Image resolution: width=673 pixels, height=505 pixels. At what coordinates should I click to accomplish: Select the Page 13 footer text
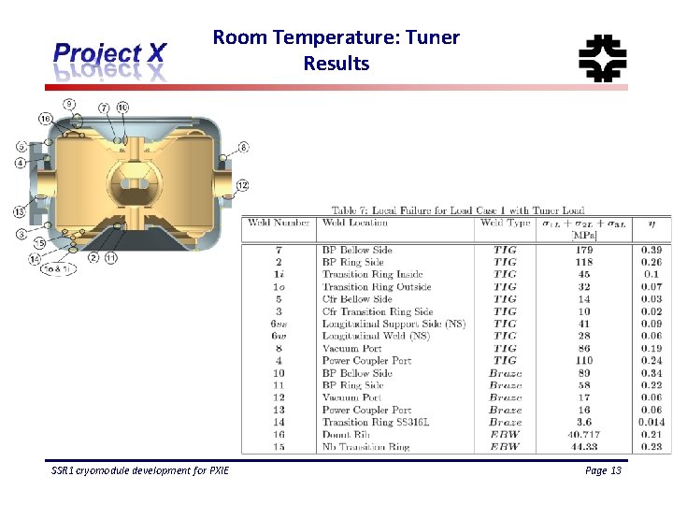[x=603, y=470]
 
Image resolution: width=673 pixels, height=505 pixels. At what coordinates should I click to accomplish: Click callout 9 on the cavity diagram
[x=69, y=103]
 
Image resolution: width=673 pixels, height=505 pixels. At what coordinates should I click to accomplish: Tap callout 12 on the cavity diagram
[x=242, y=184]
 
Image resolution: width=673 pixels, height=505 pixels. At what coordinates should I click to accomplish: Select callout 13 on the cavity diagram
[x=19, y=211]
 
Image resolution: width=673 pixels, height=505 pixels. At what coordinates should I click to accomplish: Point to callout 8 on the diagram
[x=243, y=147]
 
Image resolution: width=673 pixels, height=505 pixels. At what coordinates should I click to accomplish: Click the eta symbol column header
[x=652, y=223]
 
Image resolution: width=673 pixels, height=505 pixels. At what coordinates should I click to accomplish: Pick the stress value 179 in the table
[x=583, y=251]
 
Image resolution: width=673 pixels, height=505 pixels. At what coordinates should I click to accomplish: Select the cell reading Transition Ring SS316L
[x=377, y=422]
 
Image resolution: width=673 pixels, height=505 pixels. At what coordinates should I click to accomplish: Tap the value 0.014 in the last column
[x=651, y=422]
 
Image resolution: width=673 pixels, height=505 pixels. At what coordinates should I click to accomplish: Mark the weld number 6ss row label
[x=279, y=324]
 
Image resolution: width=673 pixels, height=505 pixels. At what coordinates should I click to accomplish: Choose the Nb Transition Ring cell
[x=365, y=447]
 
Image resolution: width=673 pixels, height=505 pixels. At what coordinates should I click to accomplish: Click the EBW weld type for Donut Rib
[x=505, y=434]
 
